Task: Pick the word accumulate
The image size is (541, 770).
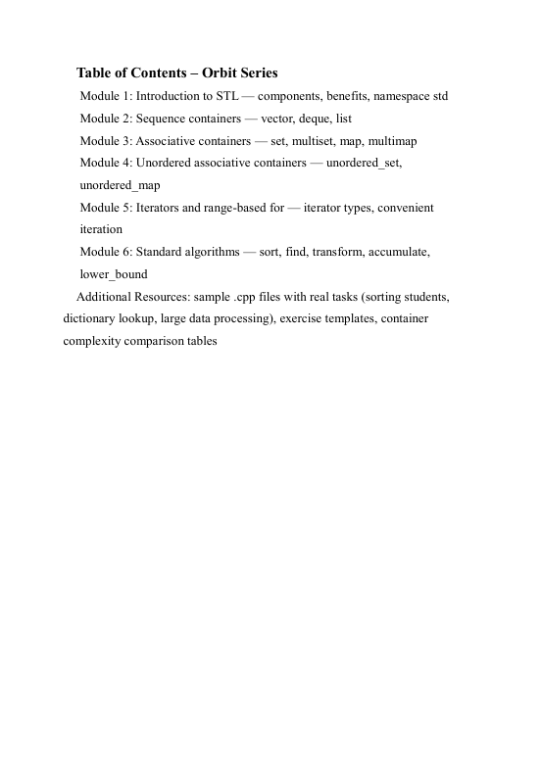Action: coord(398,252)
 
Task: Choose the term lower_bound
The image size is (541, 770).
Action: coord(113,274)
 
